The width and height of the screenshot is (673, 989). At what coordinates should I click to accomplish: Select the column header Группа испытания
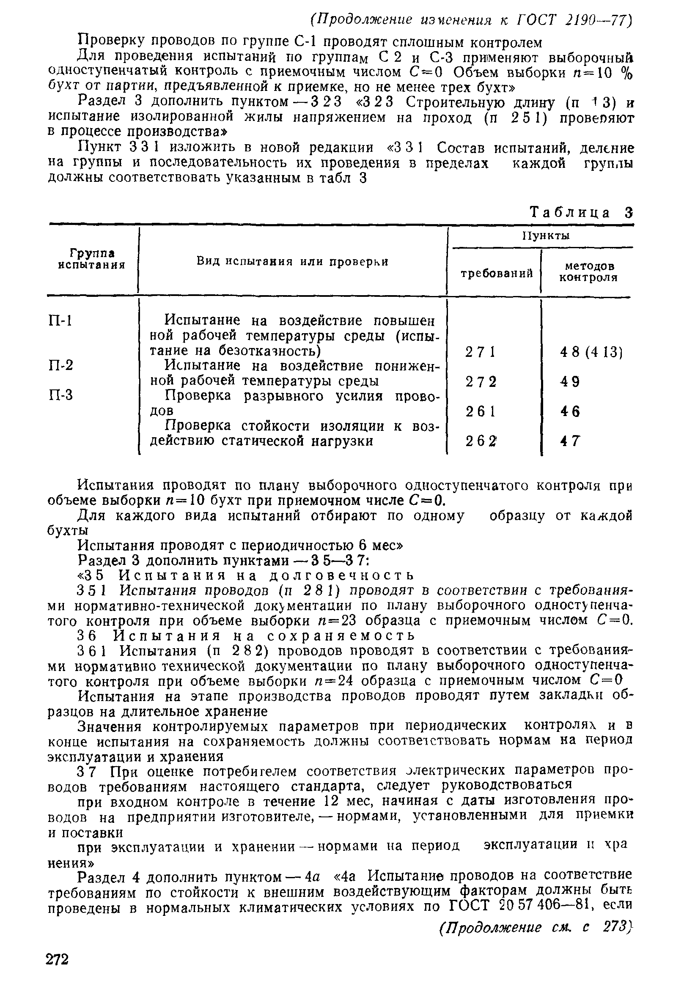(92, 259)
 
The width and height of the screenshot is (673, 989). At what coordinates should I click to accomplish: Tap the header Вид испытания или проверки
(292, 261)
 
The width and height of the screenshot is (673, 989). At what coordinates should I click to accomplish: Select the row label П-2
(61, 366)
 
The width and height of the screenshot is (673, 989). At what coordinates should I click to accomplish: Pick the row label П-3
(61, 395)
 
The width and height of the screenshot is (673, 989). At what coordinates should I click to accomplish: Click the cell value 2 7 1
(481, 352)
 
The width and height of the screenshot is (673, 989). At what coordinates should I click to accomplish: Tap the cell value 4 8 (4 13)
(591, 352)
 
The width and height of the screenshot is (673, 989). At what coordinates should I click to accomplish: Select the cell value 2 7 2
(481, 382)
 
